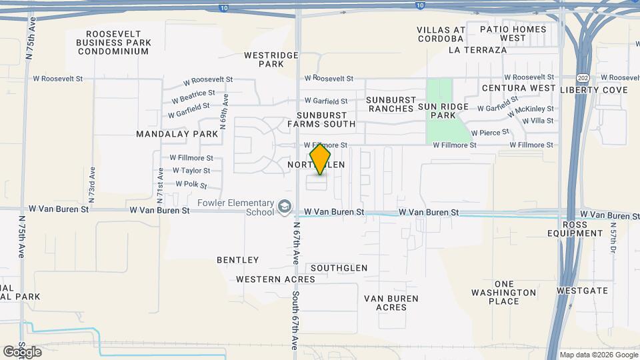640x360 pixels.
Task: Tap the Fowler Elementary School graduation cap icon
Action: pyautogui.click(x=285, y=207)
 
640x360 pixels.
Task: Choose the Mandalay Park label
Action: pyautogui.click(x=177, y=134)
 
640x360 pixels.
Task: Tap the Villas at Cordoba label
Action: pyautogui.click(x=441, y=34)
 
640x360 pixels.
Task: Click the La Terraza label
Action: pyautogui.click(x=478, y=50)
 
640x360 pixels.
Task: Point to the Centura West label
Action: pyautogui.click(x=519, y=88)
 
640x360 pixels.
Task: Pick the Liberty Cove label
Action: pyautogui.click(x=594, y=90)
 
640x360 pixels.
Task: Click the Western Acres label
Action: pyautogui.click(x=266, y=279)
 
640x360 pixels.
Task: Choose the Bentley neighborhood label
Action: pyautogui.click(x=237, y=260)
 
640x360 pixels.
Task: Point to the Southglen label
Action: pyautogui.click(x=339, y=268)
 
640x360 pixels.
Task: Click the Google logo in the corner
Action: pyautogui.click(x=22, y=351)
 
